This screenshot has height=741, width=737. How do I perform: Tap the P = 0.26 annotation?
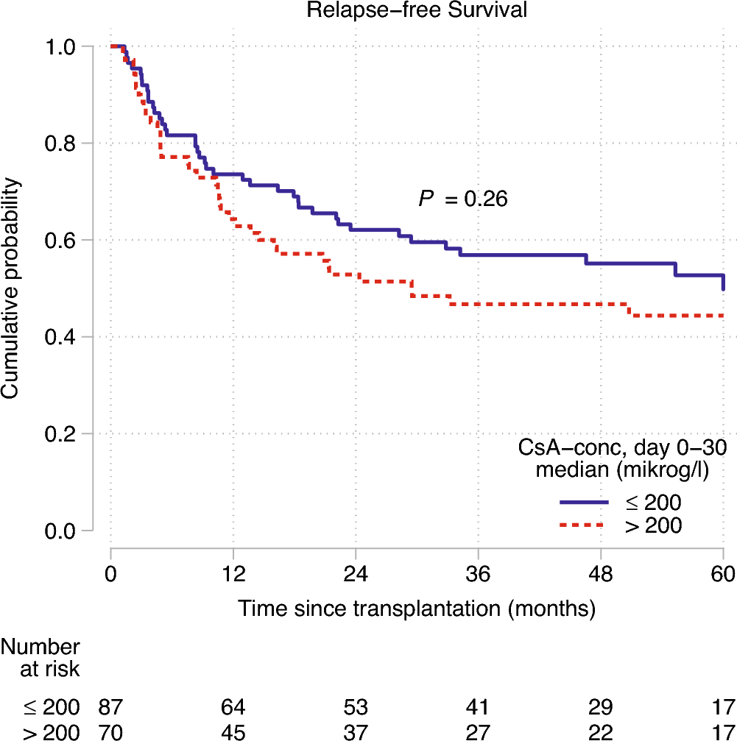463,198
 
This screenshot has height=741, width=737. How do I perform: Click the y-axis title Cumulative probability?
10,288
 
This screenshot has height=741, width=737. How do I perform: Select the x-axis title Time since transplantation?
416,609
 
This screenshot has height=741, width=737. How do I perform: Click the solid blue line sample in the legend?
585,502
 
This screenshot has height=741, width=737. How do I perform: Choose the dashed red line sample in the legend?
585,525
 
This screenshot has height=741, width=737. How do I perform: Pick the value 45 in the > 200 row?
233,732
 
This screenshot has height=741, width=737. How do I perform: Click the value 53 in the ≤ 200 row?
356,707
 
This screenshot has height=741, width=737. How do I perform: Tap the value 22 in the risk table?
601,732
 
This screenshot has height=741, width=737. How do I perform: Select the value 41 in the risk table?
478,707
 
